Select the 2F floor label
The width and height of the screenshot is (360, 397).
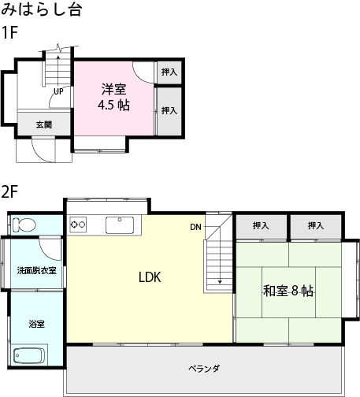click(9, 191)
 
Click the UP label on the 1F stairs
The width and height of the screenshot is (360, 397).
click(58, 91)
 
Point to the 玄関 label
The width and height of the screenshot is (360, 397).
click(43, 124)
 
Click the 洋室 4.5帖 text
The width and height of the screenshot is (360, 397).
click(113, 98)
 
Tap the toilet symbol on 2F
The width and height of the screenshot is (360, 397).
click(25, 224)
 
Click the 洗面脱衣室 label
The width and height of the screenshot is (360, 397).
click(36, 270)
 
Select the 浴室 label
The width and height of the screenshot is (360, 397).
click(36, 324)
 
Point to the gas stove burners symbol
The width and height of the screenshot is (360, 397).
click(79, 225)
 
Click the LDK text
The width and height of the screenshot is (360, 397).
click(150, 277)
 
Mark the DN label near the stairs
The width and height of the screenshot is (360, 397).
click(195, 228)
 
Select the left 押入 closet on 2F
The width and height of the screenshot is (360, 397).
click(261, 226)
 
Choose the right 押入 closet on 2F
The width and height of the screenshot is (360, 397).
click(316, 226)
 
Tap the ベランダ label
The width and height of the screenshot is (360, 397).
click(204, 368)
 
